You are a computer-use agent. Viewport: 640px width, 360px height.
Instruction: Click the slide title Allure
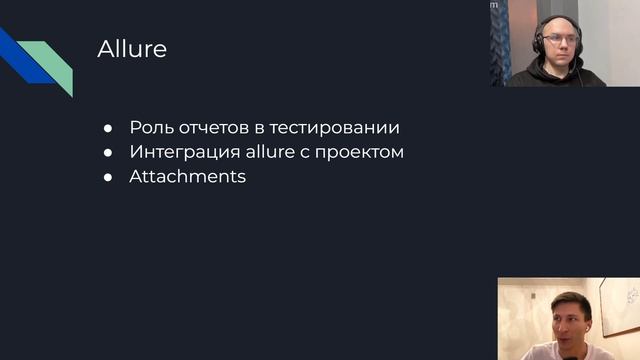tap(132, 49)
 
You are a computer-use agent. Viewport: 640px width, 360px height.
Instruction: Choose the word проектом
tap(363, 153)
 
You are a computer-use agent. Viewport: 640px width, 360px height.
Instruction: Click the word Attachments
tap(187, 177)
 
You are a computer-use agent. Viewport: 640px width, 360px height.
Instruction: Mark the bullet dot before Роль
tap(108, 129)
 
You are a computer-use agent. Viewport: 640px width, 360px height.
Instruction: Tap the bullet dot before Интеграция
tap(108, 154)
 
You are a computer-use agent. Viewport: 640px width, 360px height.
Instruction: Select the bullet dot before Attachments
tap(108, 178)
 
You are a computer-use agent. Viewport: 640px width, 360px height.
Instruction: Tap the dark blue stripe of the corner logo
tap(20, 60)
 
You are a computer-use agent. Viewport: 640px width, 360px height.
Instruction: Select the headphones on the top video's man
tap(540, 40)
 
